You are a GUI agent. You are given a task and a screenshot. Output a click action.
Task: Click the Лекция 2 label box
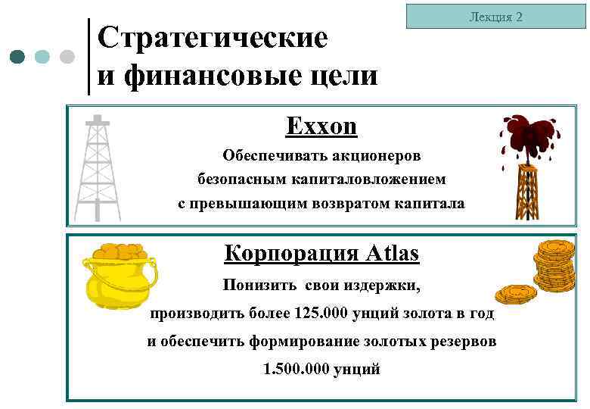[495, 17]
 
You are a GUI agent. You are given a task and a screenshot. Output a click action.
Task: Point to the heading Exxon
[321, 126]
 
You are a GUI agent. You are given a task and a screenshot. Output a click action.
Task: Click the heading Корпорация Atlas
[321, 253]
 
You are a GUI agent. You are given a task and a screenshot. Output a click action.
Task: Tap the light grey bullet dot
[67, 57]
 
